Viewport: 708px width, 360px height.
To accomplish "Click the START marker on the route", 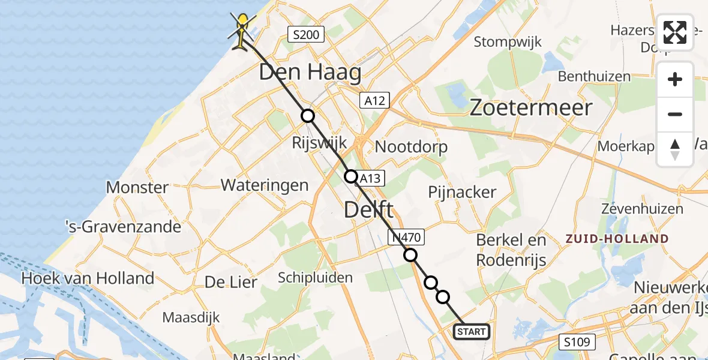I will coord(472,331).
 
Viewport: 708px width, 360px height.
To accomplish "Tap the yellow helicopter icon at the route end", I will coord(242,30).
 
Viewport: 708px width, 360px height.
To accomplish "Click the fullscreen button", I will coord(675,32).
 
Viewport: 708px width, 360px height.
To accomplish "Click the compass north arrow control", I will coord(675,149).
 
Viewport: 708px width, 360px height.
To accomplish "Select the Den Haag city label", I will coord(310,73).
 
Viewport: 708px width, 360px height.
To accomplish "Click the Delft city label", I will coord(368,210).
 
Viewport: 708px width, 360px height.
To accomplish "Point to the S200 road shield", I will coord(305,35).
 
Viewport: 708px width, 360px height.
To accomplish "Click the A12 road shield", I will coord(374,100).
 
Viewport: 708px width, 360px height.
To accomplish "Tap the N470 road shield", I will coord(407,238).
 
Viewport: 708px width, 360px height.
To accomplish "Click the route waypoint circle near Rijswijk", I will coord(307,116).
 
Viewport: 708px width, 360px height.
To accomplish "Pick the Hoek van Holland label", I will coord(88,278).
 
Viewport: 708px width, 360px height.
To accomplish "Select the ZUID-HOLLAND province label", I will coord(617,239).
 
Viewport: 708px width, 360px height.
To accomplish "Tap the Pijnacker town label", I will coord(462,192).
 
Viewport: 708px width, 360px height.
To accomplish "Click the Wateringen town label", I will coord(265,185).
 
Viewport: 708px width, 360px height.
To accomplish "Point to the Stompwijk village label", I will coord(508,42).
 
